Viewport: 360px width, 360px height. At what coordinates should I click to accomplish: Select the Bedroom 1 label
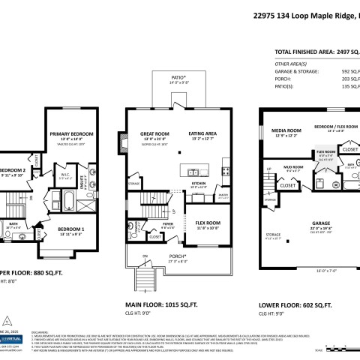coord(71,229)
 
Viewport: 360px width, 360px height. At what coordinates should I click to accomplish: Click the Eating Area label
coord(202,134)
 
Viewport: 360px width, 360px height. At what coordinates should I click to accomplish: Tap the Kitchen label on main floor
coord(199,183)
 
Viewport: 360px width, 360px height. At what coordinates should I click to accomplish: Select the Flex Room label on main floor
coord(208,223)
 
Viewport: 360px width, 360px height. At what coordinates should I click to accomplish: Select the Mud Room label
coord(292,166)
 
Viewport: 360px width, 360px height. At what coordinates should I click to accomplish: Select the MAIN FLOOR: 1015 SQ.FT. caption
coord(163,304)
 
